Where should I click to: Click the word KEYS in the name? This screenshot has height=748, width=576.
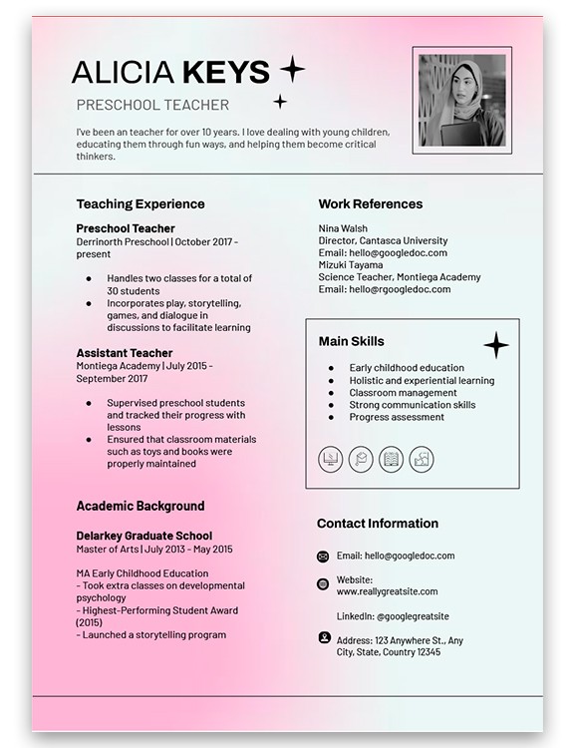[x=227, y=73]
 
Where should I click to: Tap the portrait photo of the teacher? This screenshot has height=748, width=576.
[x=461, y=100]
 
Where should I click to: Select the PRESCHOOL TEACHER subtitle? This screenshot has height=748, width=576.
[x=152, y=105]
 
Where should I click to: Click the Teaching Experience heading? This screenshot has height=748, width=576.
[x=141, y=204]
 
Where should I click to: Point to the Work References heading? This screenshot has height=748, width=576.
[x=371, y=204]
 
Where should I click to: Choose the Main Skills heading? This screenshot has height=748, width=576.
[x=352, y=342]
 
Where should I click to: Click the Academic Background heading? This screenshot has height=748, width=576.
[x=141, y=506]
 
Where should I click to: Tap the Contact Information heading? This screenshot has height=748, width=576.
[x=378, y=524]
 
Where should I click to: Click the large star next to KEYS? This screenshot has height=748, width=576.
[x=291, y=70]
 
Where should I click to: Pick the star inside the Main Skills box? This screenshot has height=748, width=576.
[x=495, y=346]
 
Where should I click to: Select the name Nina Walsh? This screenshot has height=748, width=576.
[x=343, y=228]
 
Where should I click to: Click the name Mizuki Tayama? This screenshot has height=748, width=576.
[x=351, y=265]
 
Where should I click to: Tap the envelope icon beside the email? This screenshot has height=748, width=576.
[x=323, y=557]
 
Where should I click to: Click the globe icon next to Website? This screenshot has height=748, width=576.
[x=323, y=584]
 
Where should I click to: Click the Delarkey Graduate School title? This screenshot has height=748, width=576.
[x=144, y=536]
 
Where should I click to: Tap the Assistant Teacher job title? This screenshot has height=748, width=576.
[x=125, y=353]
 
